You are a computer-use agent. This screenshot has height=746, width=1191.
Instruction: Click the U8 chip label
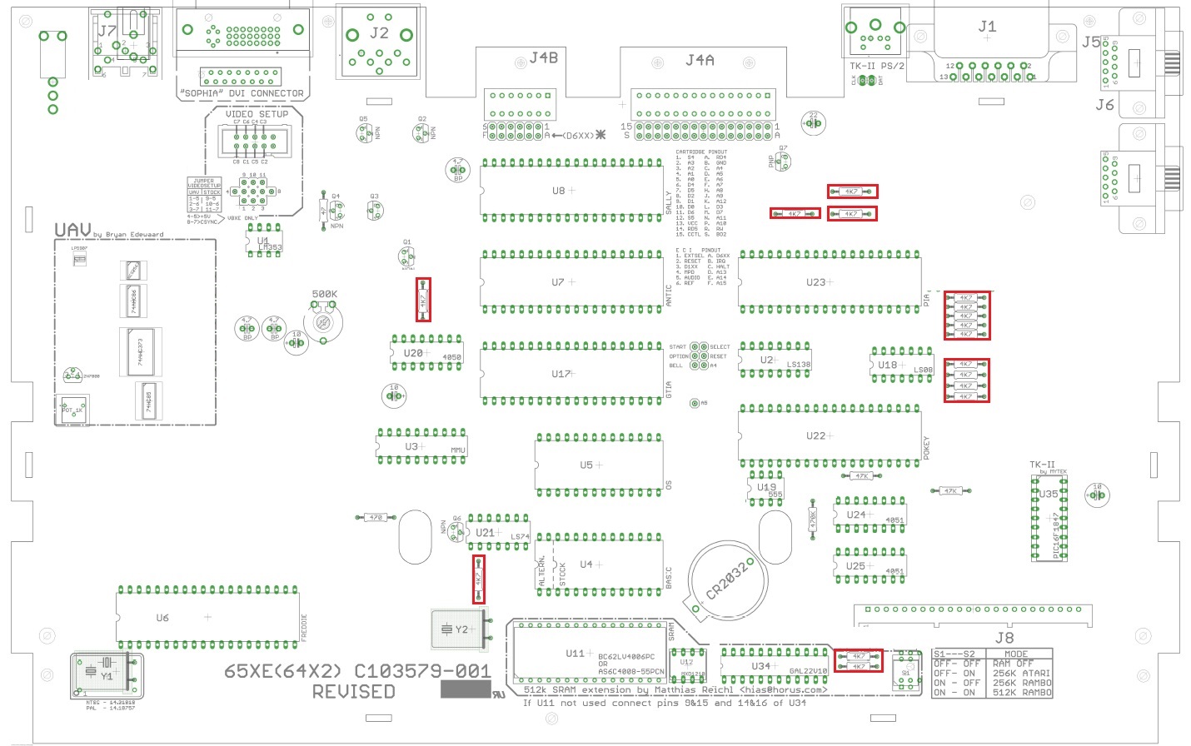coord(558,191)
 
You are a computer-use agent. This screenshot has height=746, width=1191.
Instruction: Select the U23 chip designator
coord(815,282)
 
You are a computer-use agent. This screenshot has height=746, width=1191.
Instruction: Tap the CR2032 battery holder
coord(726,580)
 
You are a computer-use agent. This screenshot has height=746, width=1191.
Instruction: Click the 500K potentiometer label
coord(324,294)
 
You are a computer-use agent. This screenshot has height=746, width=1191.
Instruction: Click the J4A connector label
coord(699,60)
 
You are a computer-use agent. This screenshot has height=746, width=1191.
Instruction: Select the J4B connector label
coord(543,57)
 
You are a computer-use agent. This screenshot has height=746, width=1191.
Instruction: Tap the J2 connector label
coord(379,33)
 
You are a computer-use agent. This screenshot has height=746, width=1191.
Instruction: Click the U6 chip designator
coord(162,618)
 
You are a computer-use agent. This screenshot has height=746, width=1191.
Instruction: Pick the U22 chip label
coord(815,435)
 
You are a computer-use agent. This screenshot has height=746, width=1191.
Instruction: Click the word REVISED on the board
coord(353,692)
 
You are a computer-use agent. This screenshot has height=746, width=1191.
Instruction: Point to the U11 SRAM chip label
coord(575,654)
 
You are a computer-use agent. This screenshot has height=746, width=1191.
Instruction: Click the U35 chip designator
coord(1049,494)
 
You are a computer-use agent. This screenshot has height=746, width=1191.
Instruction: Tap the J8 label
coord(1004,638)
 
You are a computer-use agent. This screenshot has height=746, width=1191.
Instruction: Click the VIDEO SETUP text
coord(257,114)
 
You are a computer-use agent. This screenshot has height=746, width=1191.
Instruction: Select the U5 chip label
coord(586,465)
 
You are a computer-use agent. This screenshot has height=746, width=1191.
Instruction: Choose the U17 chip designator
coord(561,374)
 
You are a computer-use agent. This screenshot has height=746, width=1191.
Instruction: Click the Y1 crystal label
coord(107,676)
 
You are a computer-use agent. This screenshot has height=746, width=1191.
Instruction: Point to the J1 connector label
coord(987,27)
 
